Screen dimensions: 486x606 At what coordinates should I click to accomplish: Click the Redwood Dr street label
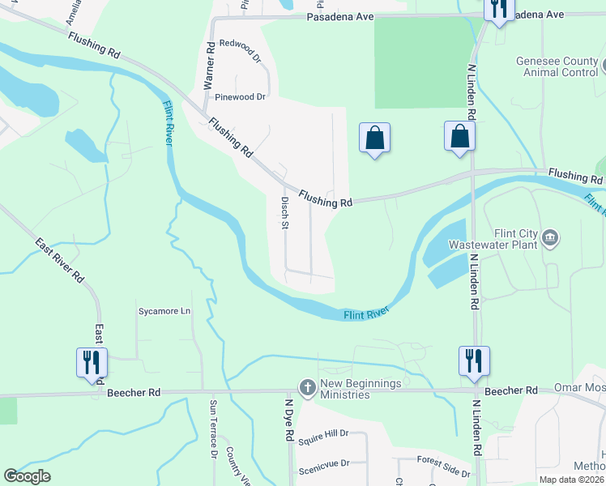click(x=241, y=47)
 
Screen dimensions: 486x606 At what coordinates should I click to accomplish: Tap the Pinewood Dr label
click(x=241, y=97)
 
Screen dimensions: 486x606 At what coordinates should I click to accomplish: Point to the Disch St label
click(x=284, y=212)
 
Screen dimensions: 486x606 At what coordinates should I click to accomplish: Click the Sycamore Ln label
click(x=164, y=311)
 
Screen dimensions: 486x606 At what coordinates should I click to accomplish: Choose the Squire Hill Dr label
click(x=322, y=442)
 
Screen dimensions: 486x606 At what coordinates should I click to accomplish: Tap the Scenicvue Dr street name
click(x=323, y=463)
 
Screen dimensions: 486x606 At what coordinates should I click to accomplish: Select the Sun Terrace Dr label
click(x=214, y=437)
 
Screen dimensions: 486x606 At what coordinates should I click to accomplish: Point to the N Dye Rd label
click(x=288, y=419)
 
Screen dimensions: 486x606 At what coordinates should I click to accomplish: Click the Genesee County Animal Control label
click(x=557, y=66)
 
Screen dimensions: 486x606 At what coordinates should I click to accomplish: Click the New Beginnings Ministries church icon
click(x=307, y=388)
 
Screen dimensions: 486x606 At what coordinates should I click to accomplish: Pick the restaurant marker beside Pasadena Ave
click(x=497, y=9)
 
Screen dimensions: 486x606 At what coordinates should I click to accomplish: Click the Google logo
click(x=27, y=476)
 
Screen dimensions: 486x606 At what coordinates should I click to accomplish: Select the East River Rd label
click(x=61, y=260)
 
